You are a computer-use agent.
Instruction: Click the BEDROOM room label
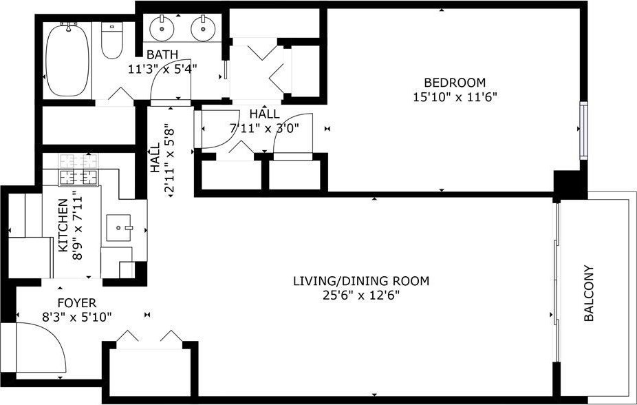(455, 83)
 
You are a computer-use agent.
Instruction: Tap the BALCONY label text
(589, 293)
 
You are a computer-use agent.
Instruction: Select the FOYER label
(77, 303)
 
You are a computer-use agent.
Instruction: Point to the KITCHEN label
(63, 225)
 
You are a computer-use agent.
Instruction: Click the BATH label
(162, 54)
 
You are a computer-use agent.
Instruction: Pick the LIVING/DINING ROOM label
(361, 281)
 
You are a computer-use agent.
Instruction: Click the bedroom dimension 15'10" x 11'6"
(455, 98)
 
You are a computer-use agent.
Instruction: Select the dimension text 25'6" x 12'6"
(361, 295)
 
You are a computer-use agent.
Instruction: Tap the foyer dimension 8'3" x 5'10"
(77, 317)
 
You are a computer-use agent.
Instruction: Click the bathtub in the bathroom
(67, 60)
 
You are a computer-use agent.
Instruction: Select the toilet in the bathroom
(111, 40)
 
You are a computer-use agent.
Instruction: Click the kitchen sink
(118, 228)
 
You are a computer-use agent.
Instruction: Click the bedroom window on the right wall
(583, 131)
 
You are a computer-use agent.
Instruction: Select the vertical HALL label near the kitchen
(155, 158)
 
